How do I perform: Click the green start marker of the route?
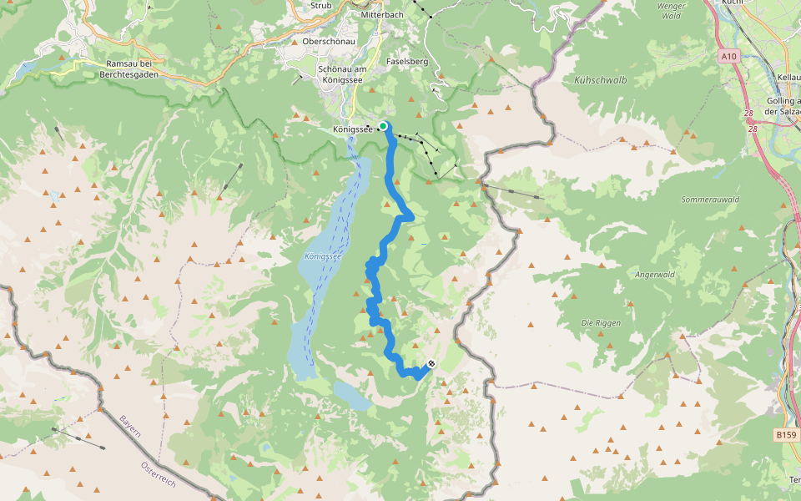pyautogui.click(x=383, y=126)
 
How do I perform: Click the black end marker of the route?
pyautogui.click(x=431, y=363)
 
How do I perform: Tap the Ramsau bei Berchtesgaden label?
pyautogui.click(x=129, y=68)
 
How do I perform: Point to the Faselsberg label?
pyautogui.click(x=407, y=62)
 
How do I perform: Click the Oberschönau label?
pyautogui.click(x=329, y=42)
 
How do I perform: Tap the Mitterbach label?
pyautogui.click(x=382, y=15)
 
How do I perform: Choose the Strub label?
pyautogui.click(x=321, y=5)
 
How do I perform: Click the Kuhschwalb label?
pyautogui.click(x=601, y=80)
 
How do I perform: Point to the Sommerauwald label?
pyautogui.click(x=711, y=200)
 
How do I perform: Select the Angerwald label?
pyautogui.click(x=654, y=275)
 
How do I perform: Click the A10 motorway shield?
pyautogui.click(x=729, y=56)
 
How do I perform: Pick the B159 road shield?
pyautogui.click(x=785, y=434)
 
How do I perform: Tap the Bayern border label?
pyautogui.click(x=130, y=429)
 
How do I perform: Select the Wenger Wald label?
pyautogui.click(x=671, y=10)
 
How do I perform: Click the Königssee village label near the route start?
pyautogui.click(x=351, y=129)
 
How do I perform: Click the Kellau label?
pyautogui.click(x=788, y=77)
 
